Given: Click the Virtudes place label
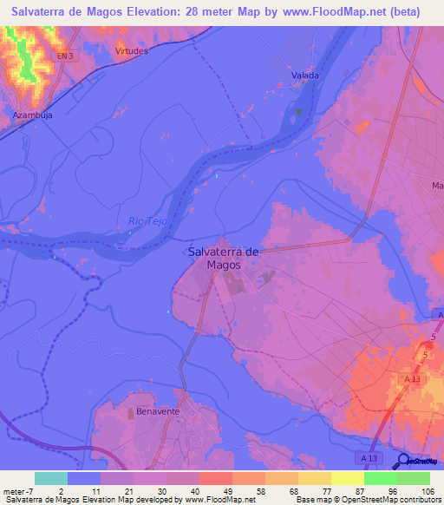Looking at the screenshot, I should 132,50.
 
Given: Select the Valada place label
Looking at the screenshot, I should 304,75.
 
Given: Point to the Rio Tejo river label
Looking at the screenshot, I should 147,221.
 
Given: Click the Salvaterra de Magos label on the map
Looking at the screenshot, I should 223,258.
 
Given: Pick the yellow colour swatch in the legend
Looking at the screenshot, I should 348,478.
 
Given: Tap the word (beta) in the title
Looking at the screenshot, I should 403,12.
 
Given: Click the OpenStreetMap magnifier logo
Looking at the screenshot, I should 403,461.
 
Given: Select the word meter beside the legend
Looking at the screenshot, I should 15,491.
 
